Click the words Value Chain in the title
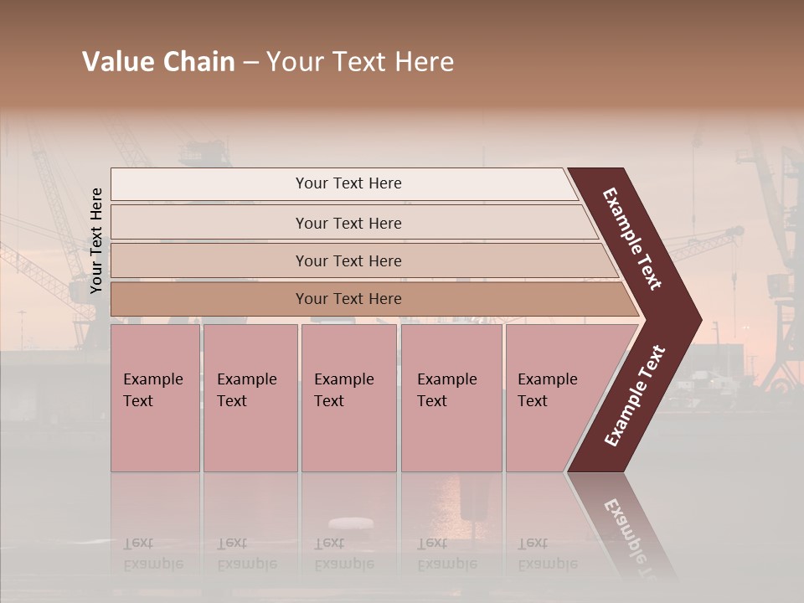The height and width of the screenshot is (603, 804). pyautogui.click(x=158, y=62)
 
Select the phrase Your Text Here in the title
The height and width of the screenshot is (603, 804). pyautogui.click(x=360, y=62)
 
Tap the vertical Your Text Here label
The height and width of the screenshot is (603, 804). pyautogui.click(x=96, y=240)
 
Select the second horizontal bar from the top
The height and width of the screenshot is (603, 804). pyautogui.click(x=348, y=223)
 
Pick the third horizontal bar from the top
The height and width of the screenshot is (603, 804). pyautogui.click(x=348, y=260)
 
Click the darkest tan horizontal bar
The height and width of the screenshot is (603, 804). pyautogui.click(x=348, y=299)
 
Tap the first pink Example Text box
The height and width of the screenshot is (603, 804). pyautogui.click(x=155, y=398)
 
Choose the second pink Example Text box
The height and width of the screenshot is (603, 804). pyautogui.click(x=250, y=398)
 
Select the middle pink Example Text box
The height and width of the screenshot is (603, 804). pyautogui.click(x=348, y=398)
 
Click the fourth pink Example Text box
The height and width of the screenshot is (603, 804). pyautogui.click(x=451, y=398)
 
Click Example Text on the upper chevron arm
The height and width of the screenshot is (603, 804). pyautogui.click(x=632, y=239)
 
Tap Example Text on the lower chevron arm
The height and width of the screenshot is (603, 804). pyautogui.click(x=635, y=395)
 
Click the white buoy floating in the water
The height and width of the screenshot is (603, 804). pyautogui.click(x=351, y=523)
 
